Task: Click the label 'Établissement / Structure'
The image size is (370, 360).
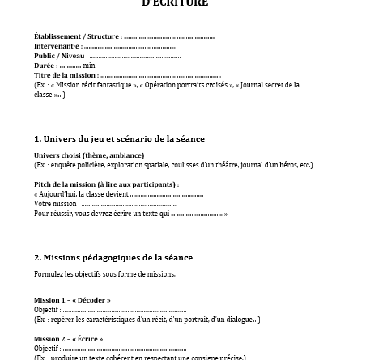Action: coord(77,36)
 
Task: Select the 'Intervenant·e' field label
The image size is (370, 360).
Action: coord(57,46)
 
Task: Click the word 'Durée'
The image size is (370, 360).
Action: coord(45,66)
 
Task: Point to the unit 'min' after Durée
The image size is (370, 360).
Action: coord(89,66)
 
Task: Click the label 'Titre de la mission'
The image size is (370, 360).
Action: coord(66,75)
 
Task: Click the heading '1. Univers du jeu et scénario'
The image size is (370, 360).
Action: coord(119,138)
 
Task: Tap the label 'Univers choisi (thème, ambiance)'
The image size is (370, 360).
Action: coord(90,155)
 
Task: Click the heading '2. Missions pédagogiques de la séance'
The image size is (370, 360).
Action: coord(113,257)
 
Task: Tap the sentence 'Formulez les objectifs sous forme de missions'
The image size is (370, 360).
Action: coord(104,274)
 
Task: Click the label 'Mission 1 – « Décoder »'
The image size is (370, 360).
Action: coord(72,300)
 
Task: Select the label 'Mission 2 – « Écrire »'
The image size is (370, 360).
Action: coord(68,339)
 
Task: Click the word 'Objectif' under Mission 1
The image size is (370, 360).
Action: coord(46,310)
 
